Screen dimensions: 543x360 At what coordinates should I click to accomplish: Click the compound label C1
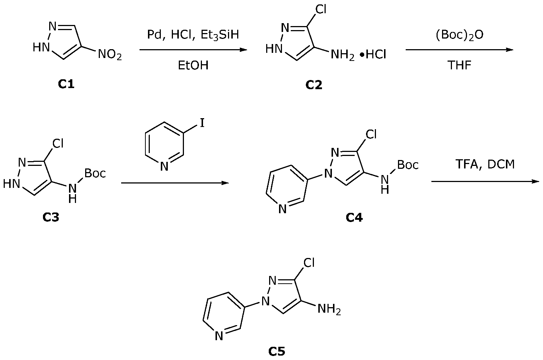[66, 84]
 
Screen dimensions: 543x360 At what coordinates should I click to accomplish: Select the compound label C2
[314, 85]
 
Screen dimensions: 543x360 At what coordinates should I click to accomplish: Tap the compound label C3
[51, 217]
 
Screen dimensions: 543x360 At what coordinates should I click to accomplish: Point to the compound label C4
[354, 218]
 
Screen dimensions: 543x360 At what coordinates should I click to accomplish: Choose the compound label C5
[276, 352]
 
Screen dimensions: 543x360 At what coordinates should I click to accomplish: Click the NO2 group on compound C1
[110, 55]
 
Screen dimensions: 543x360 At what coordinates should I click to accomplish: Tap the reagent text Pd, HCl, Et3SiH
[193, 35]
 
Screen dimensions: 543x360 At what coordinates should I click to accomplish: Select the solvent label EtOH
[193, 65]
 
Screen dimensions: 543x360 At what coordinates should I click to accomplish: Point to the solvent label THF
[459, 65]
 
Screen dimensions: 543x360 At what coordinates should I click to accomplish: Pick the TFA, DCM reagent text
[485, 164]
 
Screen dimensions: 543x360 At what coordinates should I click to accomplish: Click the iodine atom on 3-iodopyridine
[202, 123]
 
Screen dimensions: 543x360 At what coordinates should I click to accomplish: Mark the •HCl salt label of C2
[373, 55]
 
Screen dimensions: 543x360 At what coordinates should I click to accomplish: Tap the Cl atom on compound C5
[309, 263]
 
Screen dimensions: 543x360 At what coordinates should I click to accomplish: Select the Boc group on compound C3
[95, 173]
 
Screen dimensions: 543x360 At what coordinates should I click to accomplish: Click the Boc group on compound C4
[408, 165]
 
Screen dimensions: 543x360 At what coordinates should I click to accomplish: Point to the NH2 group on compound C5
[329, 309]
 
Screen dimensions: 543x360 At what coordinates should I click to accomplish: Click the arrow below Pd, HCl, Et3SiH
[193, 50]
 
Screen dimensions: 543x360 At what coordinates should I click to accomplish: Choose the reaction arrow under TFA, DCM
[485, 181]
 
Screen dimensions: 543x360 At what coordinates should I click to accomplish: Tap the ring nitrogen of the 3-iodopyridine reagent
[164, 167]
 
